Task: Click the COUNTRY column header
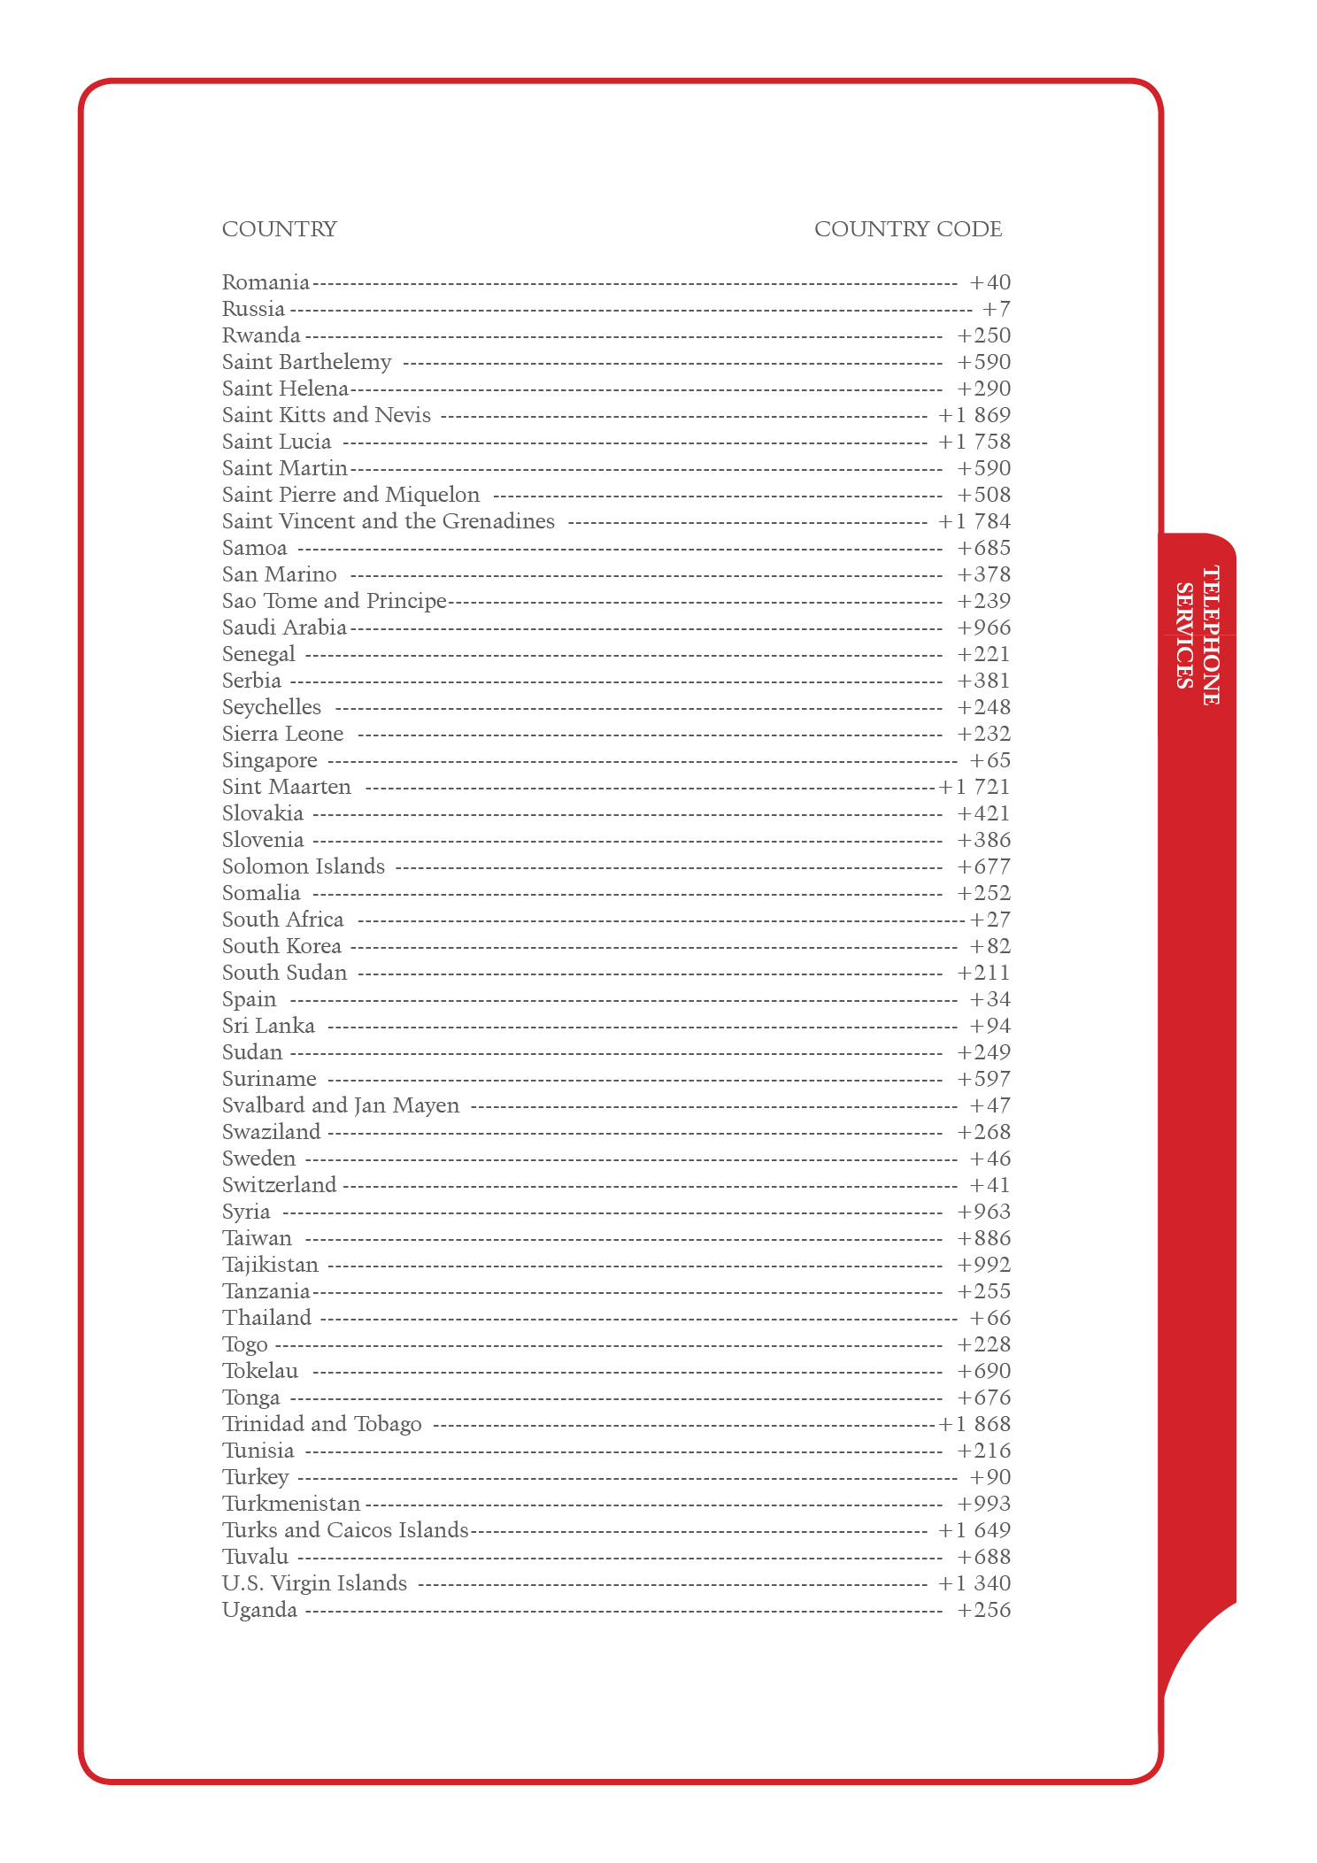coord(279,229)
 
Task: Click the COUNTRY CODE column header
coord(907,229)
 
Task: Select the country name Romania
coord(266,282)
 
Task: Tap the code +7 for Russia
coord(996,309)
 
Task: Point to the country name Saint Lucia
coord(276,442)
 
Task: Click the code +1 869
coord(974,415)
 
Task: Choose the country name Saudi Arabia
coord(284,627)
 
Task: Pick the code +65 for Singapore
coord(990,760)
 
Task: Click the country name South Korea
coord(281,946)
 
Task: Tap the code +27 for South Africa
coord(990,920)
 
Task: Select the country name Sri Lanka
coord(268,1026)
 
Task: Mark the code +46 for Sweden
coord(990,1159)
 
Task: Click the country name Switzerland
coord(279,1185)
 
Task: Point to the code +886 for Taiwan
coord(983,1238)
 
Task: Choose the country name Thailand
coord(266,1318)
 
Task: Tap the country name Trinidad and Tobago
coord(321,1424)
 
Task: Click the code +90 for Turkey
coord(990,1477)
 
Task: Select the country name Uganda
coord(259,1610)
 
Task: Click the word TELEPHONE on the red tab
coord(1211,635)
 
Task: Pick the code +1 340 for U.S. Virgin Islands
coord(974,1583)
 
